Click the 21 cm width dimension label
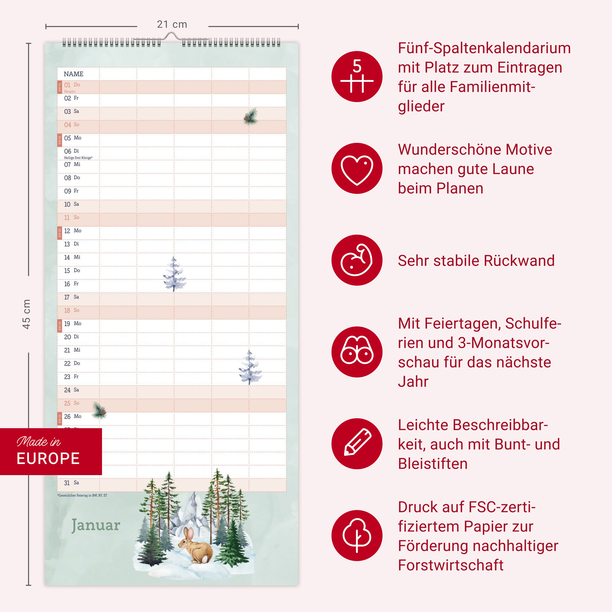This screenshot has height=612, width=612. tap(172, 24)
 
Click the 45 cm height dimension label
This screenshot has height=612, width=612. tap(27, 314)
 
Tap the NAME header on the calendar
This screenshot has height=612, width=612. tap(73, 74)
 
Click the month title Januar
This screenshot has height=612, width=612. tap(96, 526)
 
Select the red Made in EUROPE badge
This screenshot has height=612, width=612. tap(51, 451)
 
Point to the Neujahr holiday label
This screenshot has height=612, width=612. tap(70, 92)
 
